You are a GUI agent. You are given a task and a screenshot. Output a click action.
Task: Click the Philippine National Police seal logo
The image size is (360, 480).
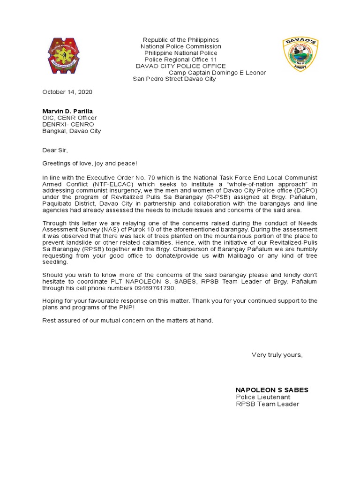pyautogui.click(x=67, y=58)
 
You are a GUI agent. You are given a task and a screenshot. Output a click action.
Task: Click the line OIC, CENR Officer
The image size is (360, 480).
pyautogui.click(x=69, y=118)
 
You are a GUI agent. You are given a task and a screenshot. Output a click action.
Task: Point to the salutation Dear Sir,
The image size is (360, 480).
pyautogui.click(x=55, y=150)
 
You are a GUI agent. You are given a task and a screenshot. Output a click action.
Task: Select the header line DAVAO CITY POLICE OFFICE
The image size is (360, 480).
pyautogui.click(x=180, y=66)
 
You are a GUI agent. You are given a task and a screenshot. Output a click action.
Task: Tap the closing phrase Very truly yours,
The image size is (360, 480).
pyautogui.click(x=277, y=355)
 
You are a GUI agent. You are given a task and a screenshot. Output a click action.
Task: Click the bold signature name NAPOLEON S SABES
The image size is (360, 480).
pyautogui.click(x=271, y=390)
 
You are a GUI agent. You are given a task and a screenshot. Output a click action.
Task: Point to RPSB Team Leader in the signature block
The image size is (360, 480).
pyautogui.click(x=267, y=404)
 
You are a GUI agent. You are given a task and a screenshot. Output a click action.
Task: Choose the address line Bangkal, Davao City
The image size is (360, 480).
pyautogui.click(x=71, y=131)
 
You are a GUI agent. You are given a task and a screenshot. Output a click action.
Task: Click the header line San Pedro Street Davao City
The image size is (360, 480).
pyautogui.click(x=174, y=79)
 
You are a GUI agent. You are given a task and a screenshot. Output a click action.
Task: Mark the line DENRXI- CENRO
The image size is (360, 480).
pyautogui.click(x=68, y=124)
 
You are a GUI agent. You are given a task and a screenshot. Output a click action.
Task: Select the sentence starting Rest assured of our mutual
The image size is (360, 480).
pyautogui.click(x=127, y=320)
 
